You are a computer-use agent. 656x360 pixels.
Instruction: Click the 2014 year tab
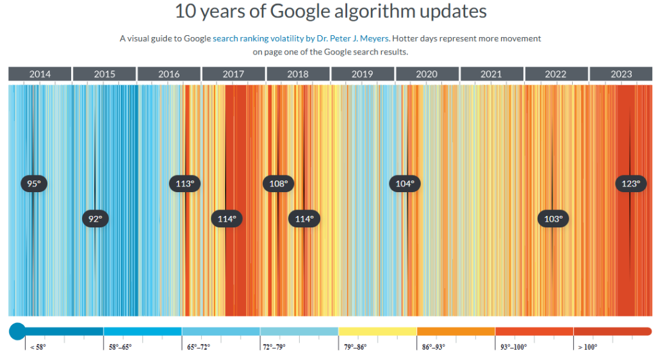[40, 74]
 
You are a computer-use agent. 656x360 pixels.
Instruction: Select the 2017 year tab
[233, 74]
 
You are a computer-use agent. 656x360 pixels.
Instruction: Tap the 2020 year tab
[427, 74]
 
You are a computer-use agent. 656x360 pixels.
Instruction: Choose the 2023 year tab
[621, 74]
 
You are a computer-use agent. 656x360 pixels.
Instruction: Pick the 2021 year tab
[491, 74]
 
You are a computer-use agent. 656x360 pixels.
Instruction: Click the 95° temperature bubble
[33, 184]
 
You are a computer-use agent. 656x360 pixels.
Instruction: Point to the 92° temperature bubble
[95, 218]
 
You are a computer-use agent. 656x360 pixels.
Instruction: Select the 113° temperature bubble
[185, 184]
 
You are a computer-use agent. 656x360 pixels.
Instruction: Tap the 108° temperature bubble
[278, 184]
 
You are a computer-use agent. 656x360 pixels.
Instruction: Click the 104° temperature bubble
[405, 184]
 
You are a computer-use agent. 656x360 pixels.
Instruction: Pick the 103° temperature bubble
[553, 218]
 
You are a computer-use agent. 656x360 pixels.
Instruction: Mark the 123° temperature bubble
[630, 184]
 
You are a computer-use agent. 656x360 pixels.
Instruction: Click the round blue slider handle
[17, 331]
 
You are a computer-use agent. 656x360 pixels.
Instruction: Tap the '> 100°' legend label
[587, 347]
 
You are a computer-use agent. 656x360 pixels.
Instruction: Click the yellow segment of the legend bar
[377, 331]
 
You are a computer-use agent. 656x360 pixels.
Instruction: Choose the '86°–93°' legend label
[433, 347]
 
